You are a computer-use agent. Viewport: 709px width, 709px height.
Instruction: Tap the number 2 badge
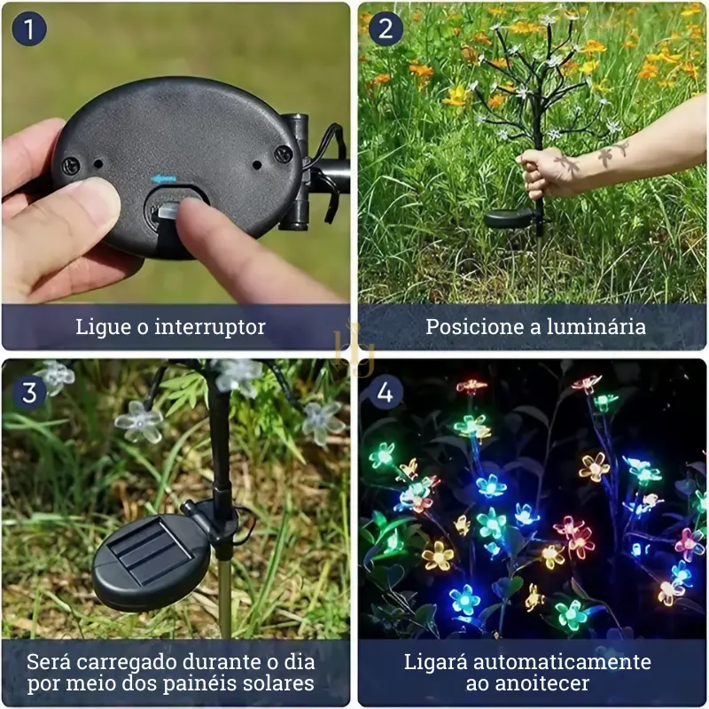coord(385,29)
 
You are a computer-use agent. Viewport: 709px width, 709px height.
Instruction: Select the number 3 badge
coord(29,391)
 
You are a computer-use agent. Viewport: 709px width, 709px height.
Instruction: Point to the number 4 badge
coord(385,391)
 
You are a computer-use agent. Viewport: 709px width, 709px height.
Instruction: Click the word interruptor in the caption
coord(210,327)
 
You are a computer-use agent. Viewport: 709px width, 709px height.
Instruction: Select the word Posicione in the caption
coord(467,327)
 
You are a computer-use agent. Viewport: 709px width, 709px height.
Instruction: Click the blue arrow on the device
coord(162,178)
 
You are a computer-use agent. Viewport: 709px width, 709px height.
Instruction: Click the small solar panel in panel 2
coord(509,218)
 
